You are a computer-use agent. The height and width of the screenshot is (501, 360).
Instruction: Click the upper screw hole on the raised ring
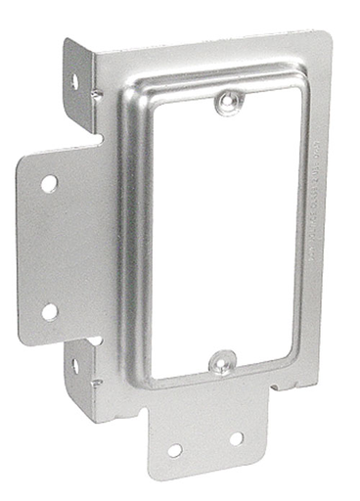226,101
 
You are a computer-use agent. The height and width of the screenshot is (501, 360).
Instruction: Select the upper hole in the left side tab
48,183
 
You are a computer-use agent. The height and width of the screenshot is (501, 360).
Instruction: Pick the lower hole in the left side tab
49,311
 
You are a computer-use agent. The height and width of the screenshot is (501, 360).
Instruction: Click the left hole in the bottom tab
174,450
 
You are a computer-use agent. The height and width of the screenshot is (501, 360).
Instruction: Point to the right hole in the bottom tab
236,438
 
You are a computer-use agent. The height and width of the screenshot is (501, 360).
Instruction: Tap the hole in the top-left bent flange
73,82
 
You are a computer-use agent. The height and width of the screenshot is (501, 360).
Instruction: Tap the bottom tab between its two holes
205,445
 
